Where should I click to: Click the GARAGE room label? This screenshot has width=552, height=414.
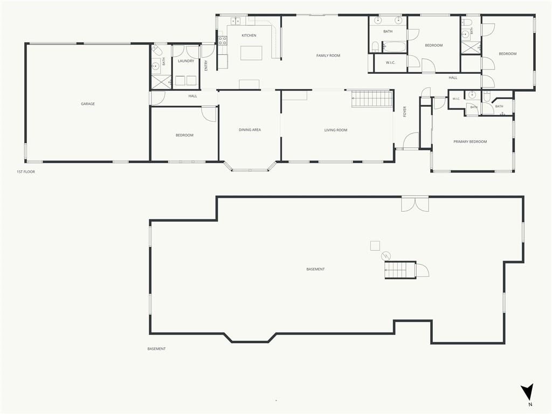(88, 104)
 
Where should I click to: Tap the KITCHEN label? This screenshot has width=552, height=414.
(249, 36)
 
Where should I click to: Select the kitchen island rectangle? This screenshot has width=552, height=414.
(251, 53)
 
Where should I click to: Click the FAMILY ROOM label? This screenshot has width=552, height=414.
(328, 56)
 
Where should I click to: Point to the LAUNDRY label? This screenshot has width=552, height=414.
(186, 61)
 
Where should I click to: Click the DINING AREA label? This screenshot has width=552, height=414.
(250, 130)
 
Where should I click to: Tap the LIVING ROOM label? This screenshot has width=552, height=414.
(336, 130)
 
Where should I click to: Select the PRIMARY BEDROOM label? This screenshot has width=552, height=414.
(470, 142)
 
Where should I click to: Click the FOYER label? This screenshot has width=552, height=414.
(405, 112)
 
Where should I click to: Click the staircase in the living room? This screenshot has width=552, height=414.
(372, 99)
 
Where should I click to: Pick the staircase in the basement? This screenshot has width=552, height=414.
(401, 271)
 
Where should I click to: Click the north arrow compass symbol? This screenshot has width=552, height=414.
(528, 392)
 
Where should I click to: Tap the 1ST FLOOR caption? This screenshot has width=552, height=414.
(26, 172)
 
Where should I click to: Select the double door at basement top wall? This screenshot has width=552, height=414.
(415, 204)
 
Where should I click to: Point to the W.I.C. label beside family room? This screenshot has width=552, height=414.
(390, 63)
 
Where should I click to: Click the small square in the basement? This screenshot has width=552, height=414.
(375, 246)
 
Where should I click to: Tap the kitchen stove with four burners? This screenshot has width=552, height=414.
(223, 41)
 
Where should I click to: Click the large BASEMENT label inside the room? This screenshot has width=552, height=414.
(315, 270)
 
